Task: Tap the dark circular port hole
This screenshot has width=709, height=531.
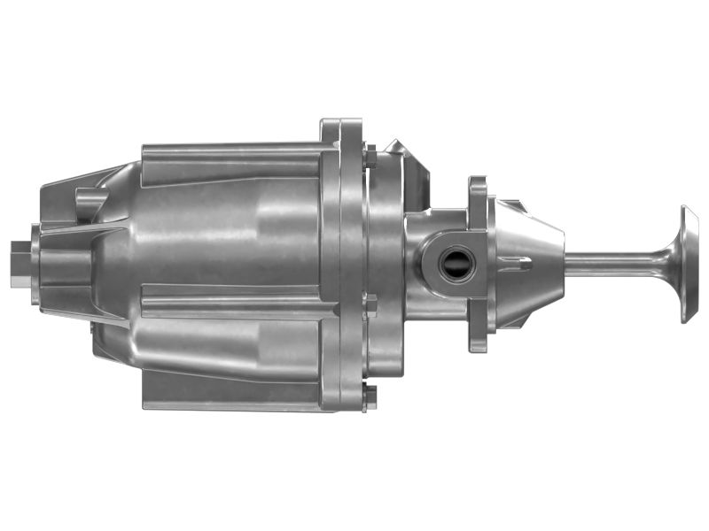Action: (457, 265)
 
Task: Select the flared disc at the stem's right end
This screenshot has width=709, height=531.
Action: (688, 263)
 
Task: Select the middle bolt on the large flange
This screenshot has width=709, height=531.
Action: (370, 305)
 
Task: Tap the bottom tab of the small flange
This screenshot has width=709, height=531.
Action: (478, 341)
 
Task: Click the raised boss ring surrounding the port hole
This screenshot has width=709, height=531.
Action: (440, 265)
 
